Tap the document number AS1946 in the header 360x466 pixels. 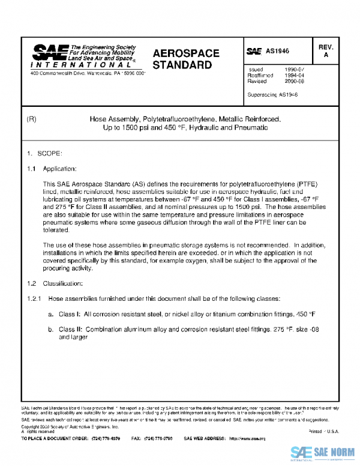(277, 52)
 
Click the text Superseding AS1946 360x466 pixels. (272, 95)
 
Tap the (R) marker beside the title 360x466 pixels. (32, 120)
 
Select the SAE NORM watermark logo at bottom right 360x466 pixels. (324, 453)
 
